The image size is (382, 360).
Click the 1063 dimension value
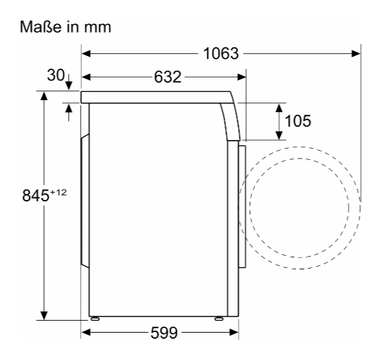pyautogui.click(x=221, y=53)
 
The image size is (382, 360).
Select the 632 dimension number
pyautogui.click(x=167, y=77)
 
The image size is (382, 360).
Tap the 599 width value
pyautogui.click(x=164, y=333)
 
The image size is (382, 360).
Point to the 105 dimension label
pyautogui.click(x=298, y=121)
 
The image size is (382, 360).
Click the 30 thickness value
pyautogui.click(x=56, y=75)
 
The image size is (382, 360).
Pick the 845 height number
pyautogui.click(x=35, y=195)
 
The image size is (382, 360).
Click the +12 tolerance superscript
pyautogui.click(x=58, y=193)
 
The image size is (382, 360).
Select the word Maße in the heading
pyautogui.click(x=41, y=27)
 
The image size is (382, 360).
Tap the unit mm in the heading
pyautogui.click(x=97, y=28)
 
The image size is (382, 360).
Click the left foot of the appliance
pyautogui.click(x=95, y=319)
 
